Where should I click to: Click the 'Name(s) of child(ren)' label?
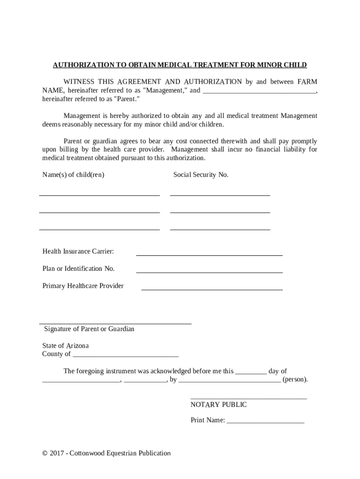(73, 174)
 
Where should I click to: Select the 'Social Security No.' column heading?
(201, 174)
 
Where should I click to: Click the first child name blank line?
(100, 194)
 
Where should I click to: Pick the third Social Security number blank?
(220, 229)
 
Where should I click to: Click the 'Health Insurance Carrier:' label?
(78, 251)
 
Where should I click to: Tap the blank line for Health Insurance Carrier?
(209, 254)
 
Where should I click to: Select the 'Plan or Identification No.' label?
(79, 269)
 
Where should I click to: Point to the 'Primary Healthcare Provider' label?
(83, 285)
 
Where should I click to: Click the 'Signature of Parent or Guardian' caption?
(89, 329)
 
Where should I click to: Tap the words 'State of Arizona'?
(65, 346)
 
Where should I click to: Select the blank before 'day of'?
(251, 373)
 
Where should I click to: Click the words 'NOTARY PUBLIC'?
(218, 404)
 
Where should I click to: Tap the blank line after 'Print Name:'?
(265, 422)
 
